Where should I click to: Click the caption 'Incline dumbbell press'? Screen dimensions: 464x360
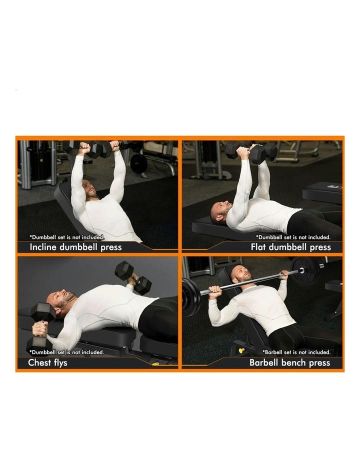75,247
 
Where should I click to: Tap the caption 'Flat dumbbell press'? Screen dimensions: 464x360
290,247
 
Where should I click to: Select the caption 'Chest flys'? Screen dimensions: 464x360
47,362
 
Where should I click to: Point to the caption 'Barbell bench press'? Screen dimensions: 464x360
289,362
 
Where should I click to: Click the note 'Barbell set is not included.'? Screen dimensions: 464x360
296,352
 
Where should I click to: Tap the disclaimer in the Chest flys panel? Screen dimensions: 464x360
67,352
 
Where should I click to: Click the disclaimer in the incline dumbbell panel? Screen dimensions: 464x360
67,237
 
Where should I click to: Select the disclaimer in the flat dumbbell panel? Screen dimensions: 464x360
293,237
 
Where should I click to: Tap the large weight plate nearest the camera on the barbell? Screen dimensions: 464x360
190,297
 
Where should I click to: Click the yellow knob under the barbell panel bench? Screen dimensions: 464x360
241,350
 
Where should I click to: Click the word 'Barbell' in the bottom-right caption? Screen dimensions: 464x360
265,362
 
